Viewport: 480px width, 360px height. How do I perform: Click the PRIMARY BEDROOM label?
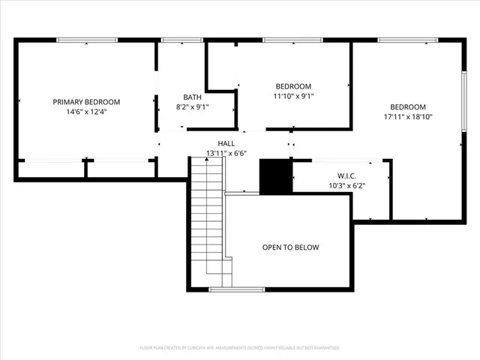[86, 102]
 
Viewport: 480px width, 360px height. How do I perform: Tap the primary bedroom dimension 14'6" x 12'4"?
[86, 112]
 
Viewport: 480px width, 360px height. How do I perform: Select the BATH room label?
[193, 97]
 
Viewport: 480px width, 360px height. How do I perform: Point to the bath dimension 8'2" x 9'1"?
[193, 106]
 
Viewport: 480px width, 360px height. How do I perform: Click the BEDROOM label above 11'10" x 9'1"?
[293, 86]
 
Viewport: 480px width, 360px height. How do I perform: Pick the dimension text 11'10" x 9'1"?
[293, 96]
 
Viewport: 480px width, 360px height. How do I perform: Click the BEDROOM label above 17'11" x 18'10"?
[408, 106]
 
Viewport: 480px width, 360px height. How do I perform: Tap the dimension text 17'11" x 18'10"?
[408, 116]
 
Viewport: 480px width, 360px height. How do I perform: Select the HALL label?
[226, 142]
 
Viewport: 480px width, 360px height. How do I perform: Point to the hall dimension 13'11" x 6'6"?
[226, 153]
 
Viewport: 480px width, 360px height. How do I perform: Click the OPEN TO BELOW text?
[290, 247]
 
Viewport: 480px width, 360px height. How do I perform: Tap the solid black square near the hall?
[274, 176]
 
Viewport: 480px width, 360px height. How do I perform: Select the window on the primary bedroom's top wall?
[86, 40]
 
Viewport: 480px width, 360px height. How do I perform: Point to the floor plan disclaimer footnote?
[239, 348]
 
